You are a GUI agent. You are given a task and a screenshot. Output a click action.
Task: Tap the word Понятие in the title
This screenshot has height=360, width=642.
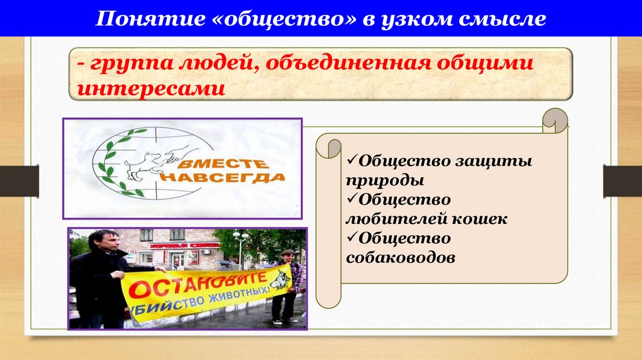tap(145, 19)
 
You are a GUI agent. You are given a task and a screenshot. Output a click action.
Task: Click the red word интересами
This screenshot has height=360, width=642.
tap(150, 88)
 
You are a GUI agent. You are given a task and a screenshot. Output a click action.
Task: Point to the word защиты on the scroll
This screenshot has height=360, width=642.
tap(495, 161)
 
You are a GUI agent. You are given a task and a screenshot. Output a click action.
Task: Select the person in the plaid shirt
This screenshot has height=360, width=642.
tap(288, 276)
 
